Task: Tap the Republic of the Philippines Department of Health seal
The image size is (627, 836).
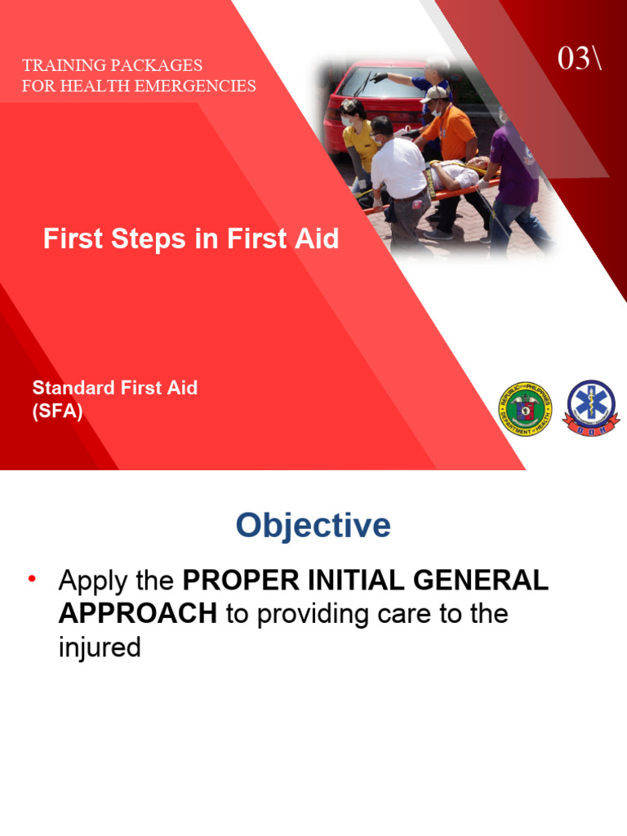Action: [x=524, y=409]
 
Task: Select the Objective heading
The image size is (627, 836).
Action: [x=313, y=526]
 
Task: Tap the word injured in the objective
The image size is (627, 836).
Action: [x=100, y=647]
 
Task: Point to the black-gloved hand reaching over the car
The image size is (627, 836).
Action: [x=380, y=78]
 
